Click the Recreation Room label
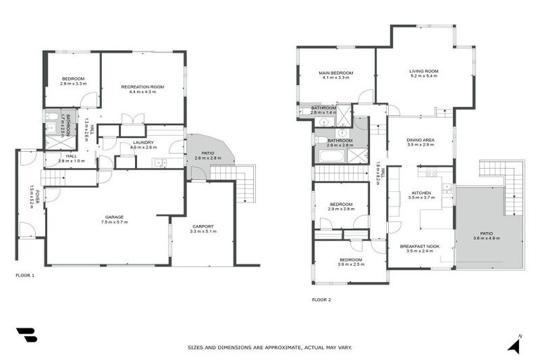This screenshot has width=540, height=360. [142, 86]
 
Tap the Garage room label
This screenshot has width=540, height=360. [114, 217]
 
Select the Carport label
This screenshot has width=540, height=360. [202, 226]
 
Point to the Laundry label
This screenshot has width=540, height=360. [142, 143]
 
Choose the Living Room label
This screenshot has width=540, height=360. [424, 70]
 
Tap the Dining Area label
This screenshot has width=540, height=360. [420, 140]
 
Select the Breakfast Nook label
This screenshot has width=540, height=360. [420, 245]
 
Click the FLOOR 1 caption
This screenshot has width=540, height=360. [25, 276]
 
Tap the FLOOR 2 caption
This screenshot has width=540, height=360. [321, 300]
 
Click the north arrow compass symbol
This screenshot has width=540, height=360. [515, 345]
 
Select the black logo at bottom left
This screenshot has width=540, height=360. [25, 336]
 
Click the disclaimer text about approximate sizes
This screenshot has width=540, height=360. [269, 347]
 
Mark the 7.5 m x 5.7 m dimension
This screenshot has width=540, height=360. [114, 222]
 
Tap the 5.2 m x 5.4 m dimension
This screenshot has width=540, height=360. [424, 76]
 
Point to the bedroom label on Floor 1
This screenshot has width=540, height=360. [72, 78]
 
